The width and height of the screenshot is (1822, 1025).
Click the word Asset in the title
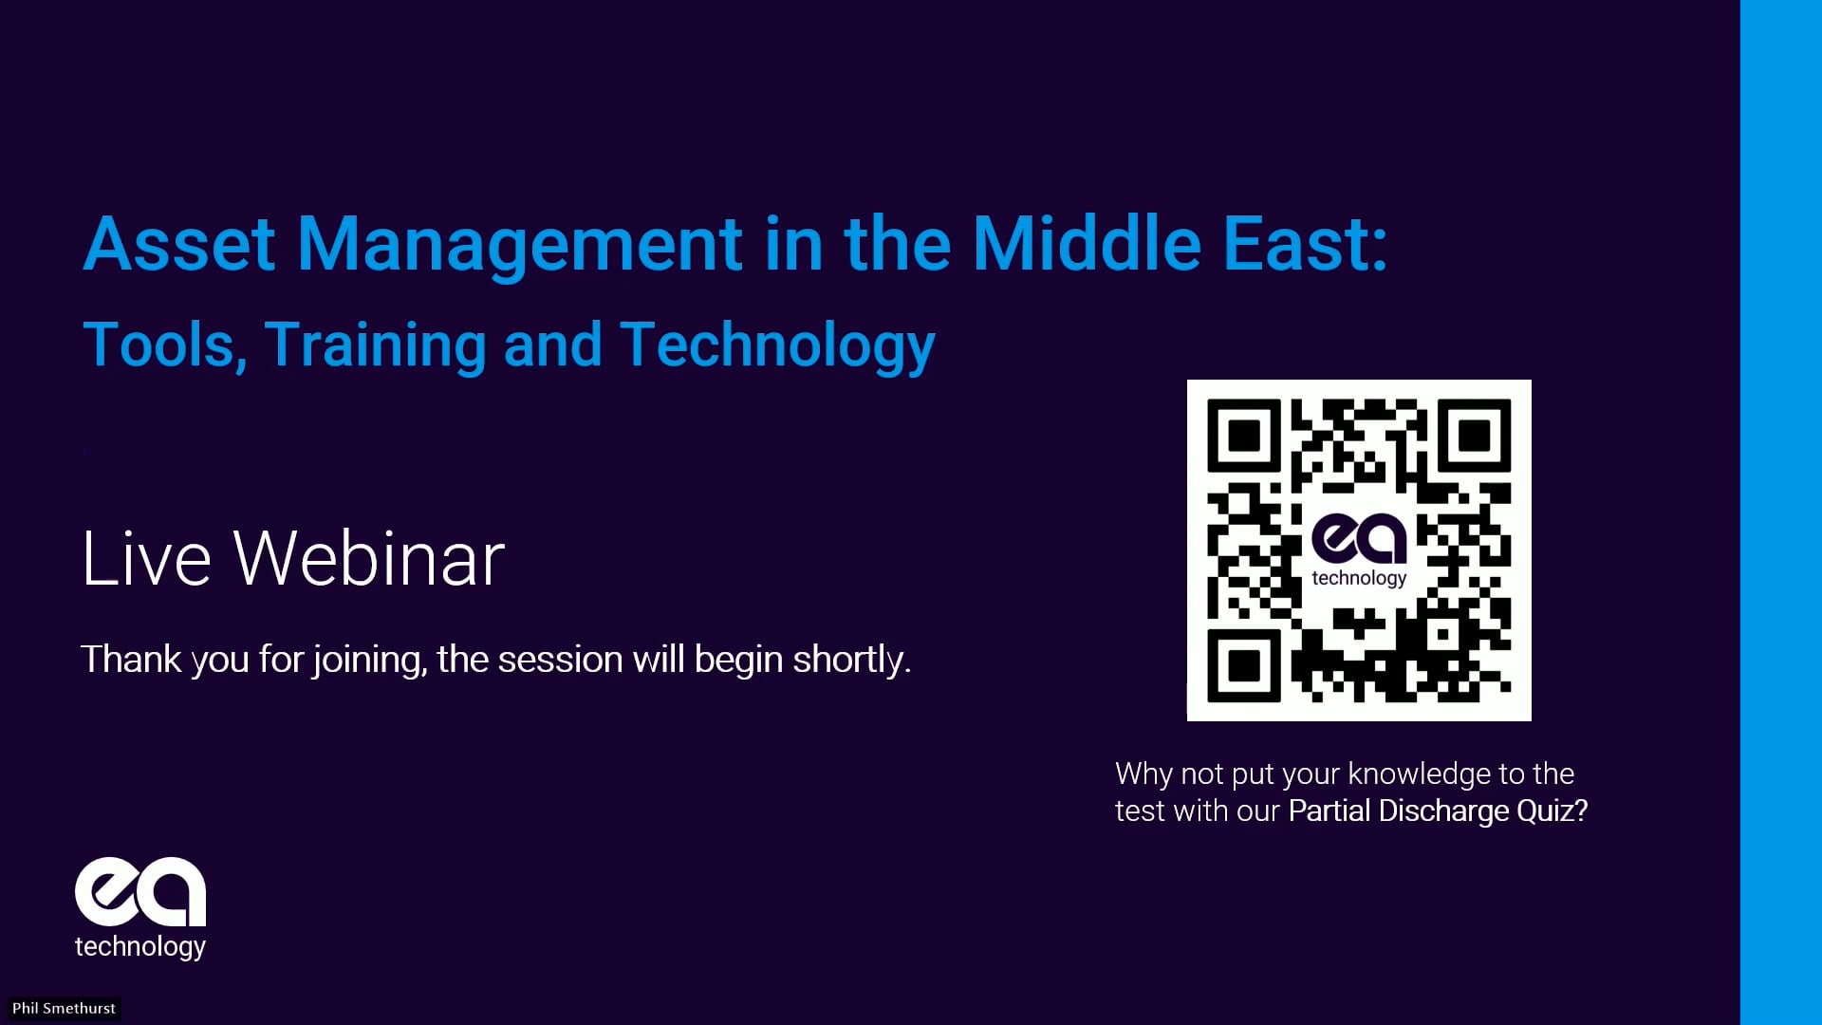[179, 244]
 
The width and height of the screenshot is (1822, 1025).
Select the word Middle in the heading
[1088, 243]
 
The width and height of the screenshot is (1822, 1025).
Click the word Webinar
[369, 558]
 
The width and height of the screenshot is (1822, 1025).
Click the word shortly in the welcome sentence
[852, 660]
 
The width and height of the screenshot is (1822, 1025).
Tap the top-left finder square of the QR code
[1244, 436]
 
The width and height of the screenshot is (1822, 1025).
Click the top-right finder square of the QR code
[1474, 436]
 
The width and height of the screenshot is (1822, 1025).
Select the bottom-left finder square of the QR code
[1244, 665]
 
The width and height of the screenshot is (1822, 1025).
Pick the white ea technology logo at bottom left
[140, 909]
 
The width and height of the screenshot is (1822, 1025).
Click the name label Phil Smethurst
[64, 1008]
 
